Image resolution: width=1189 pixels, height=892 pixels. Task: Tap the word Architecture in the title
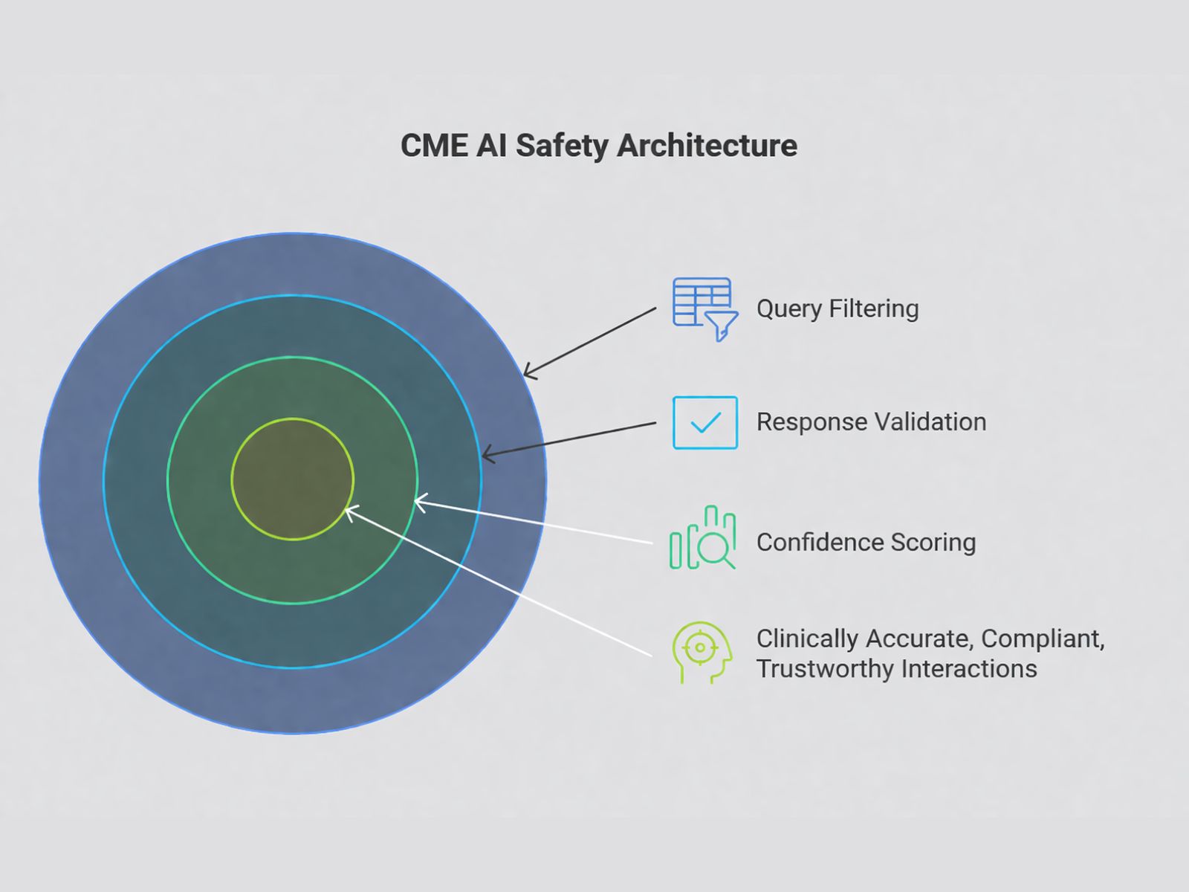click(707, 146)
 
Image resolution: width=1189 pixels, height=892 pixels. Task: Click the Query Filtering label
click(838, 308)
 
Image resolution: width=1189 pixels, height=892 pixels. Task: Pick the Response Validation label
click(871, 422)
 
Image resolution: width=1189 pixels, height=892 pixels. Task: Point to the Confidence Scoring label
click(866, 543)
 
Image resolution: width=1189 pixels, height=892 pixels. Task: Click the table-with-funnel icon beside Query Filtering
click(703, 307)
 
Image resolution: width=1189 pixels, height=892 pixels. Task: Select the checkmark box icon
click(704, 422)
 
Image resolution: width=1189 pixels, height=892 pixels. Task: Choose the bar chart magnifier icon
click(702, 538)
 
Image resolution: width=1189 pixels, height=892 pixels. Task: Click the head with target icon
click(702, 652)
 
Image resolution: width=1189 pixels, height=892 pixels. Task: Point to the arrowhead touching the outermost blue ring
click(527, 372)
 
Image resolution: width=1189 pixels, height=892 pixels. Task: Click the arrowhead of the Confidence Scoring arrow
click(418, 503)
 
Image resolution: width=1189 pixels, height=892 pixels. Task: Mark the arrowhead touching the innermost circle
click(350, 511)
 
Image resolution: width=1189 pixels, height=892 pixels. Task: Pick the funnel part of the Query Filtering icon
click(721, 325)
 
